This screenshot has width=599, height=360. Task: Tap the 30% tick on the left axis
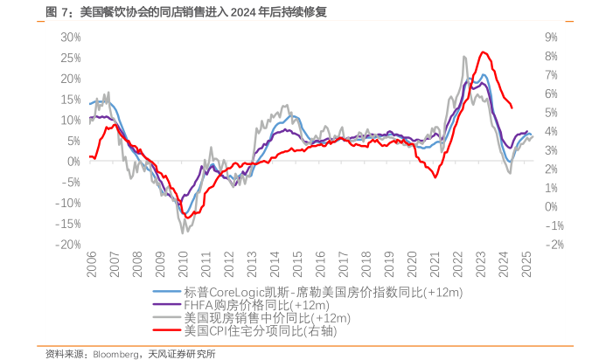70,38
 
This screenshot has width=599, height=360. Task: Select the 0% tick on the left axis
74,162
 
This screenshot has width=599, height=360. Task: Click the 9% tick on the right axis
551,38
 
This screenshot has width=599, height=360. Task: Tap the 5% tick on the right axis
551,113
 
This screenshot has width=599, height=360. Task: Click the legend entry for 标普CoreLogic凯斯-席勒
324,292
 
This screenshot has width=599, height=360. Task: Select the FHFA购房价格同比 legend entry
256,305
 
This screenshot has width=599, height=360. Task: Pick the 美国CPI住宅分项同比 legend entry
260,331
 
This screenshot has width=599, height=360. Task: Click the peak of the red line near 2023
483,52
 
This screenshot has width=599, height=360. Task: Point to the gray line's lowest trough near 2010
183,232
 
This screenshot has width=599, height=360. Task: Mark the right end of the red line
512,107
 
